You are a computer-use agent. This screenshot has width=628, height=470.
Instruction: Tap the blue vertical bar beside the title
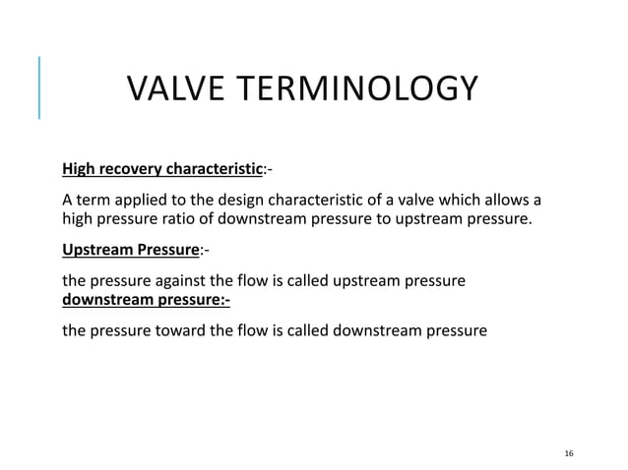pos(39,88)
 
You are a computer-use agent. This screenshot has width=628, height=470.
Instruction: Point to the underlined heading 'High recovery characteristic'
pos(162,169)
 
